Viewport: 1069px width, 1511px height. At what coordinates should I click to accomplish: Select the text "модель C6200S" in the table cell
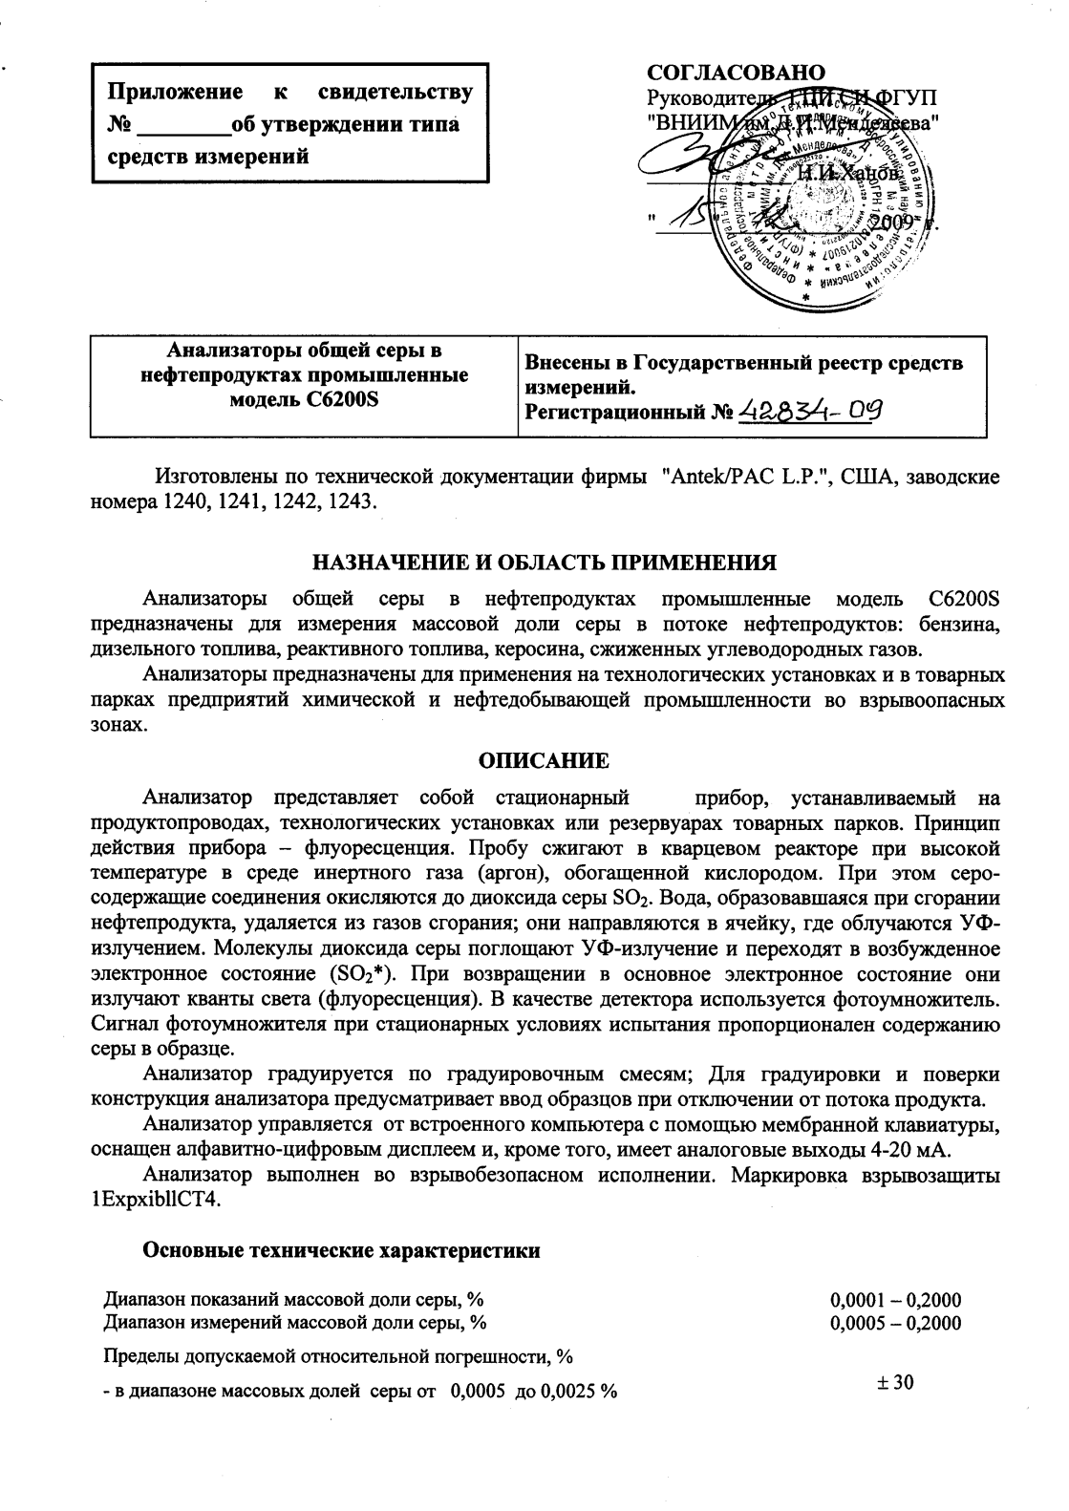(x=305, y=399)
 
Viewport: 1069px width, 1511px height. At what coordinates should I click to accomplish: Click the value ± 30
(x=896, y=1382)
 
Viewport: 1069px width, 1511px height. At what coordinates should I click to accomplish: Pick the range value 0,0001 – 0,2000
(x=896, y=1301)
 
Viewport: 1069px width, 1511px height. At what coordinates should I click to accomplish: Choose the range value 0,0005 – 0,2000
(x=896, y=1323)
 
